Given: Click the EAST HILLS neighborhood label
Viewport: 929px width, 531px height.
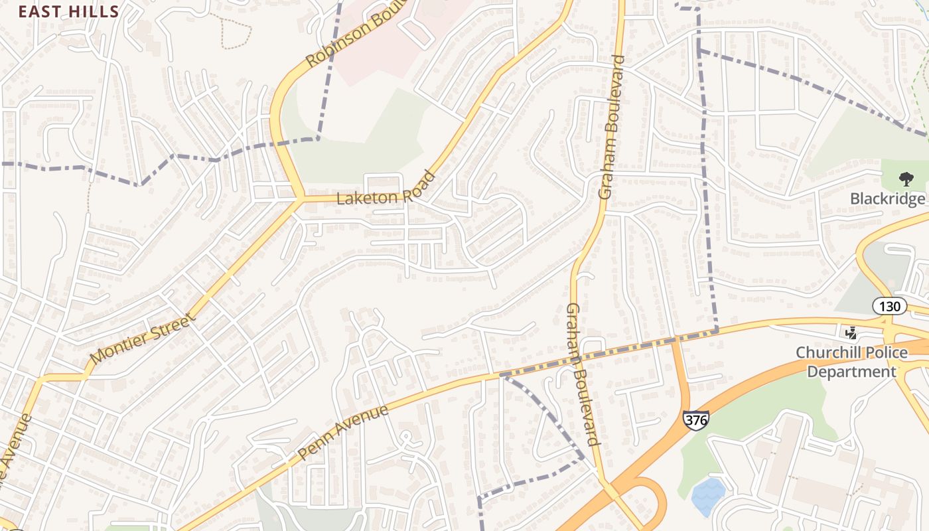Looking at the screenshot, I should click(68, 11).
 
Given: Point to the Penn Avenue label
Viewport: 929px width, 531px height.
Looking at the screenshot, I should click(342, 433).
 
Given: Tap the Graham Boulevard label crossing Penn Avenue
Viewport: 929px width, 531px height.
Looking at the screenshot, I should click(583, 374).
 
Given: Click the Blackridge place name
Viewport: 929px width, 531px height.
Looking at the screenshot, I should click(887, 199).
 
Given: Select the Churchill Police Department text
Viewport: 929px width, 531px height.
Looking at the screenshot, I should click(851, 362).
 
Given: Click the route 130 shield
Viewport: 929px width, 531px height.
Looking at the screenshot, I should click(889, 306).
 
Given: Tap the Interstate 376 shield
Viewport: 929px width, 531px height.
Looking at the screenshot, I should click(695, 419).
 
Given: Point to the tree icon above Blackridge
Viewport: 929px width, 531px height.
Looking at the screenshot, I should click(905, 179).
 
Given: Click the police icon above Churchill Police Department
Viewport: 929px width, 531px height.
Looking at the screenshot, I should click(851, 333).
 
